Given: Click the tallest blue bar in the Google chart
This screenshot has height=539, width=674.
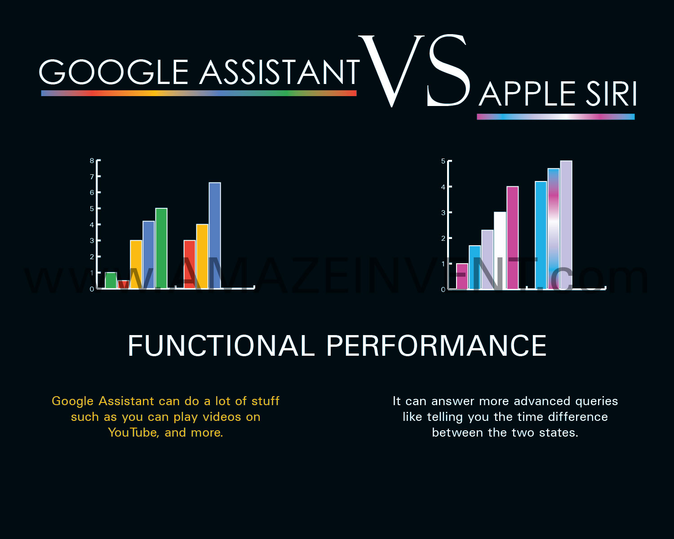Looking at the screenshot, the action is tap(215, 235).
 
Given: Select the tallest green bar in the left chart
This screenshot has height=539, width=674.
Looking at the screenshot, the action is tap(161, 248).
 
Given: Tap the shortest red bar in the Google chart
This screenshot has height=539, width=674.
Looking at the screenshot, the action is tap(124, 284).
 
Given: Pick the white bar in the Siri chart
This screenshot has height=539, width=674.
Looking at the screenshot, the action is tap(500, 251).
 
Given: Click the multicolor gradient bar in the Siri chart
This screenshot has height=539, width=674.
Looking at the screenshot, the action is tap(554, 229).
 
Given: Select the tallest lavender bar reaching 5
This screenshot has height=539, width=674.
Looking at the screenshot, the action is tap(566, 225).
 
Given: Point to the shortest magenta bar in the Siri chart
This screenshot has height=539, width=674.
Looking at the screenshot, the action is tap(462, 276).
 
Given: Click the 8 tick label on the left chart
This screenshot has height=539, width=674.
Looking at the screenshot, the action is tap(92, 161).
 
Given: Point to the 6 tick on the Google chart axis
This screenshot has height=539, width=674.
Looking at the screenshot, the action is tap(92, 193).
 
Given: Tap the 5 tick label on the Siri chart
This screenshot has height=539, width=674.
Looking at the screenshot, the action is tap(443, 161).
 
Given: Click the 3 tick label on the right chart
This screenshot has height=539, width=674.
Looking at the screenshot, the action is tap(443, 212).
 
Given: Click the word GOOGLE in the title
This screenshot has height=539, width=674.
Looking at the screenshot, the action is tap(113, 72).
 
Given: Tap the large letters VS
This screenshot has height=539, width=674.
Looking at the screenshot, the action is tap(414, 71).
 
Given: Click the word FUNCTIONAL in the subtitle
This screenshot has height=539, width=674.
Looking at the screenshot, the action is tap(221, 345).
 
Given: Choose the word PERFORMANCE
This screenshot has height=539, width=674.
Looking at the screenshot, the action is tap(437, 345).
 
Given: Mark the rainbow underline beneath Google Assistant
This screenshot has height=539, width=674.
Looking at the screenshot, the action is tap(199, 93).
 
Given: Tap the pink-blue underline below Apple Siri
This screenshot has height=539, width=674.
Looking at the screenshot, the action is tap(556, 117).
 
